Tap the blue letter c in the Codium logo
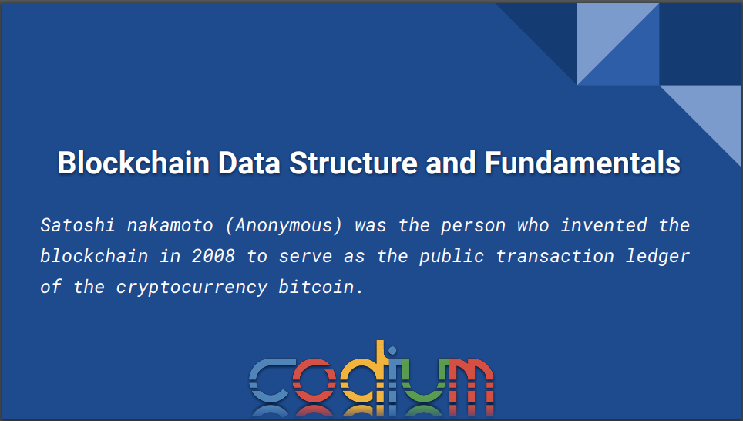pos(271,380)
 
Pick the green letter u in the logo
pos(420,380)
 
